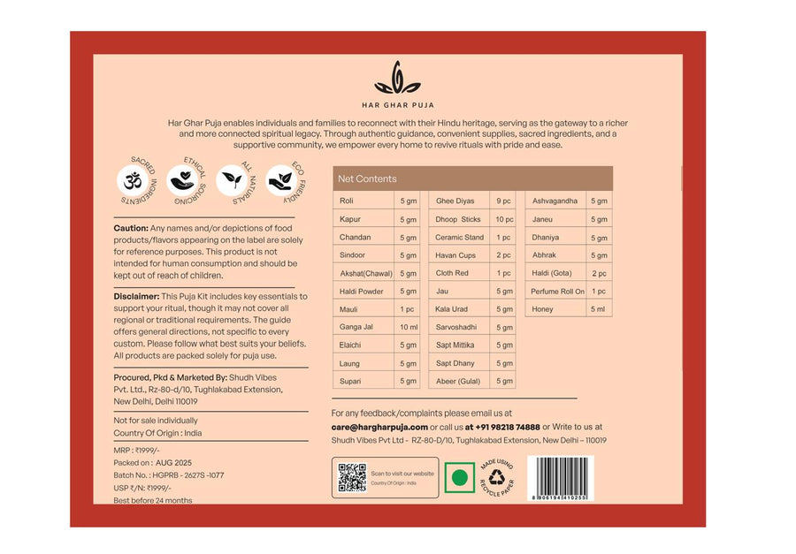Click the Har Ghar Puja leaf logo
[x=397, y=80]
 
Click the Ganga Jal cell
[x=356, y=327]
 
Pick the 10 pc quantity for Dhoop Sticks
[x=504, y=219]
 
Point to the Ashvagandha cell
[x=555, y=201]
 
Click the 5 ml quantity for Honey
[x=599, y=309]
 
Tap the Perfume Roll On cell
[x=557, y=292]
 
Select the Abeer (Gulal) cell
[x=457, y=381]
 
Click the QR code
[x=352, y=477]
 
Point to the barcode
[x=560, y=477]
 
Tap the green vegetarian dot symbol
[x=459, y=478]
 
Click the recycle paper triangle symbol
[x=496, y=478]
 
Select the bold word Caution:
[x=131, y=228]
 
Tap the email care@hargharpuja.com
[x=379, y=427]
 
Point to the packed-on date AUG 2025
[x=173, y=463]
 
